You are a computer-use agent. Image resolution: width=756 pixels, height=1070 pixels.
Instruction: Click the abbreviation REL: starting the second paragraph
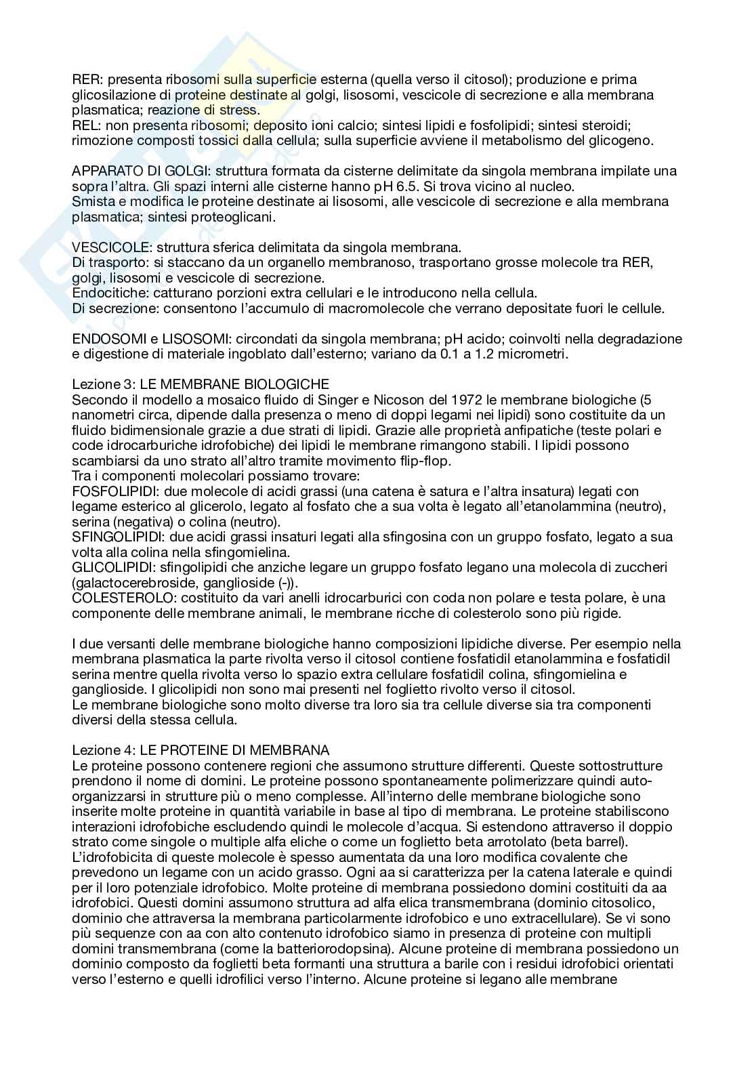(84, 126)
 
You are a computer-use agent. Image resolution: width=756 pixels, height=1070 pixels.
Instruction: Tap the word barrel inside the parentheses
(606, 842)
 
